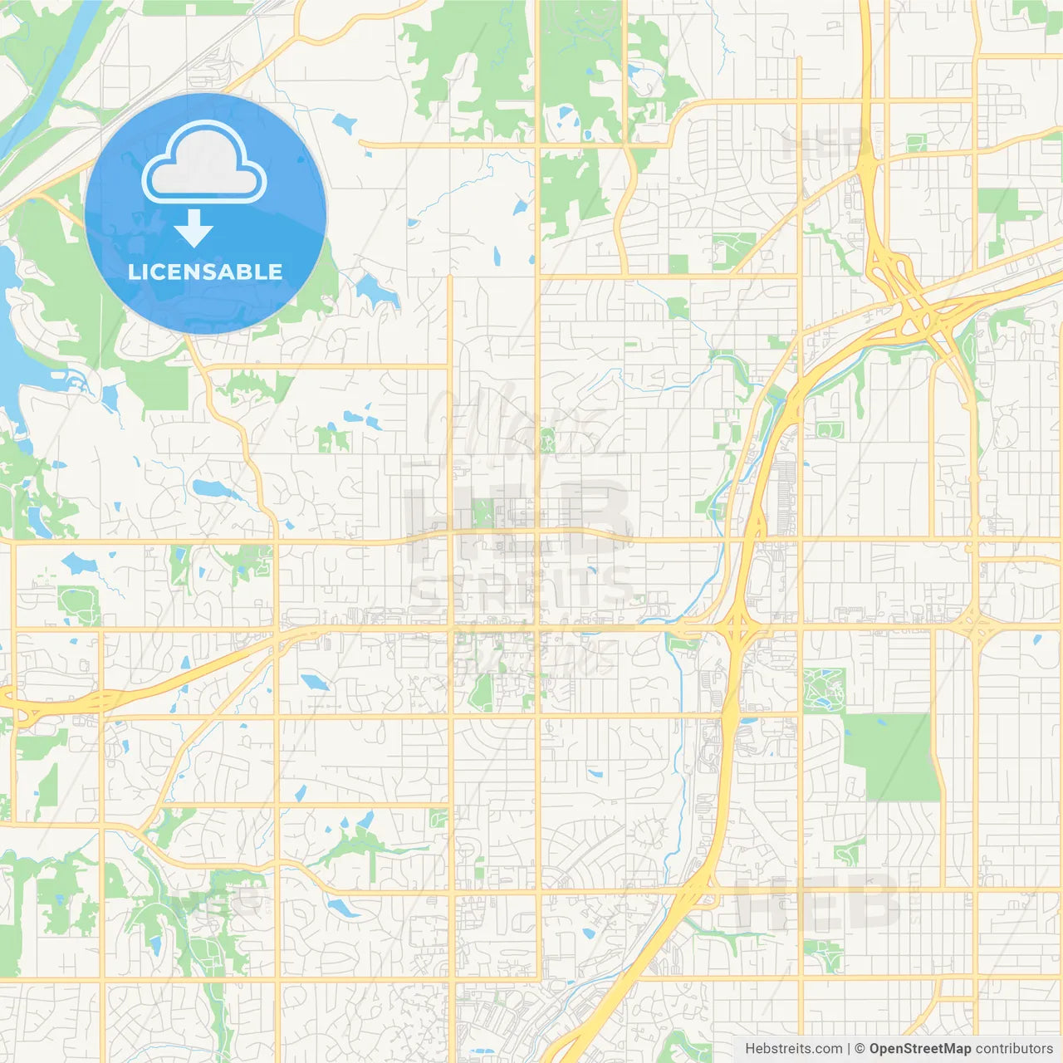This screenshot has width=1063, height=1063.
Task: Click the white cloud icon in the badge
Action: click(204, 163)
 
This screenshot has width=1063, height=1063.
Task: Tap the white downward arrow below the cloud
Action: click(193, 228)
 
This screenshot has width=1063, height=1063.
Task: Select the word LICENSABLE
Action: click(205, 272)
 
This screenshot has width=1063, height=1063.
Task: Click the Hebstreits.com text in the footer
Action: click(793, 1049)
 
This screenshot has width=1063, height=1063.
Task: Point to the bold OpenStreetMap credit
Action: click(920, 1049)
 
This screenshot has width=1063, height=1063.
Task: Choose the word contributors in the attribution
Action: click(1014, 1049)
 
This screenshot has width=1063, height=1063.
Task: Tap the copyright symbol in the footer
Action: click(860, 1049)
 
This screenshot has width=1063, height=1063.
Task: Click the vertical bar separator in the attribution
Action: click(849, 1049)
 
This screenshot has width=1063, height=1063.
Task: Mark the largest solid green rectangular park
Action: click(886, 757)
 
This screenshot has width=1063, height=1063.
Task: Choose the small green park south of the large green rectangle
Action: click(850, 851)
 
